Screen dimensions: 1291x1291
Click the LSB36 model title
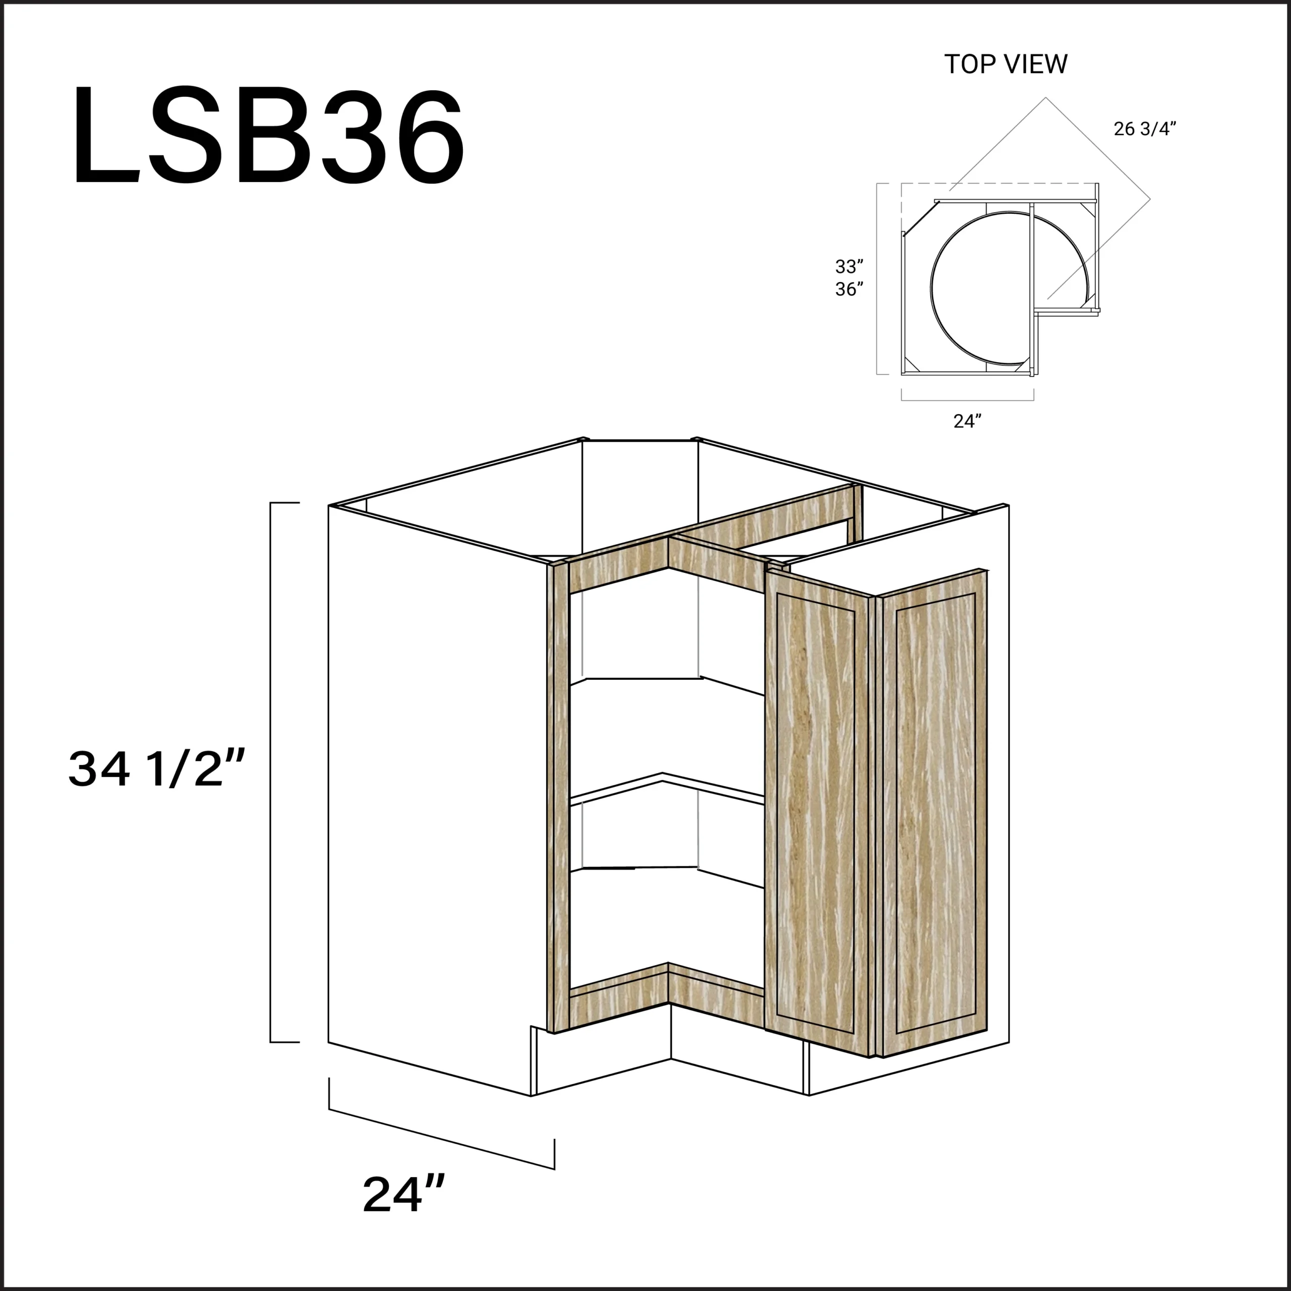(x=269, y=136)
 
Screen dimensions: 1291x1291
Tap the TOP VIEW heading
(x=1006, y=64)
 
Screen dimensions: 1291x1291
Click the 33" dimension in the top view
(x=849, y=267)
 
